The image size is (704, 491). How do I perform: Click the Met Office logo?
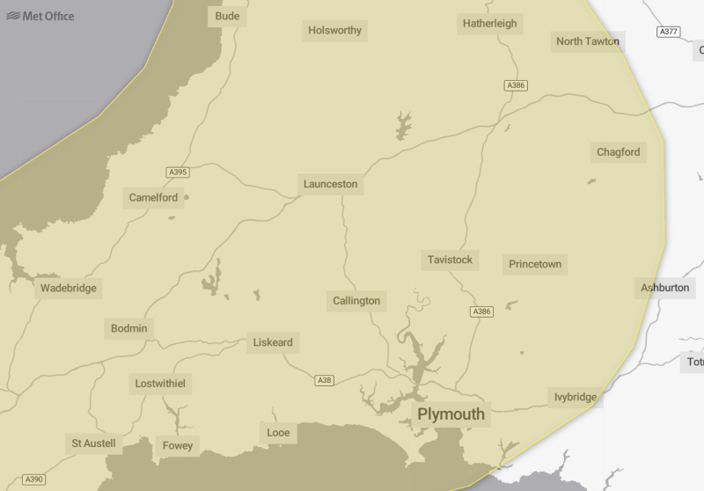point(40,16)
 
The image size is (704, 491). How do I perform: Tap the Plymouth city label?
point(451,414)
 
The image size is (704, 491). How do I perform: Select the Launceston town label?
point(330,184)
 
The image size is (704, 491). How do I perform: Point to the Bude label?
point(227,16)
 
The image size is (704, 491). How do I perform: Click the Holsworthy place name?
point(334,31)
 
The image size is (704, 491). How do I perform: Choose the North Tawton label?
point(587,41)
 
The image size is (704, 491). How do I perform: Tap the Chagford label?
point(618,152)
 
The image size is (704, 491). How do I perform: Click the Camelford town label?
point(153,197)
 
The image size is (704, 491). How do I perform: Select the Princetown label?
point(534,264)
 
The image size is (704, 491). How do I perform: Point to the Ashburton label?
point(665,288)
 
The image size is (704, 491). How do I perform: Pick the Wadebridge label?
point(69,288)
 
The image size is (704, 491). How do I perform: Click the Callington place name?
point(356,301)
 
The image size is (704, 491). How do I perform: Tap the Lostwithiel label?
point(162,384)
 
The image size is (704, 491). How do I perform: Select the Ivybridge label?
point(576,397)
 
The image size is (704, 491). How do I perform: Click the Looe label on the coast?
point(278,432)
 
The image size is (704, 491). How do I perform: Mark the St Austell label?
point(93,443)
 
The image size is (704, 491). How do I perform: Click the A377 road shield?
point(668,32)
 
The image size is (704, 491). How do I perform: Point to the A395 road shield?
point(178,172)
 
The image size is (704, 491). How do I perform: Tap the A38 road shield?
point(325,380)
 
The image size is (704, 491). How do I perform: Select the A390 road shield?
point(33,480)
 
